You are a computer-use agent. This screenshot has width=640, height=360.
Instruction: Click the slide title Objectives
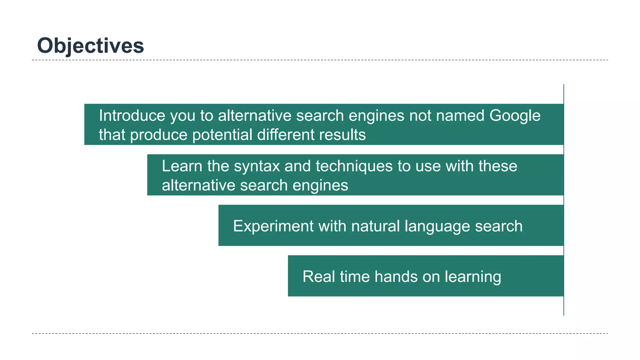tap(90, 46)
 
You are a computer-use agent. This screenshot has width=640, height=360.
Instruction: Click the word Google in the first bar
tap(515, 116)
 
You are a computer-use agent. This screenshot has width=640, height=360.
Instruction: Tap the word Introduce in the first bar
tap(132, 116)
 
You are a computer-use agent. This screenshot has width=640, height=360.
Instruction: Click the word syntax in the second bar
tap(257, 166)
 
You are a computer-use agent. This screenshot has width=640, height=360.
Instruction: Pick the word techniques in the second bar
tap(354, 166)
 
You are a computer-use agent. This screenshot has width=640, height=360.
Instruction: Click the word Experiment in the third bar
tap(273, 226)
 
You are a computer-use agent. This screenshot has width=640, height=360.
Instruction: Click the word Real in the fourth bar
tap(319, 277)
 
